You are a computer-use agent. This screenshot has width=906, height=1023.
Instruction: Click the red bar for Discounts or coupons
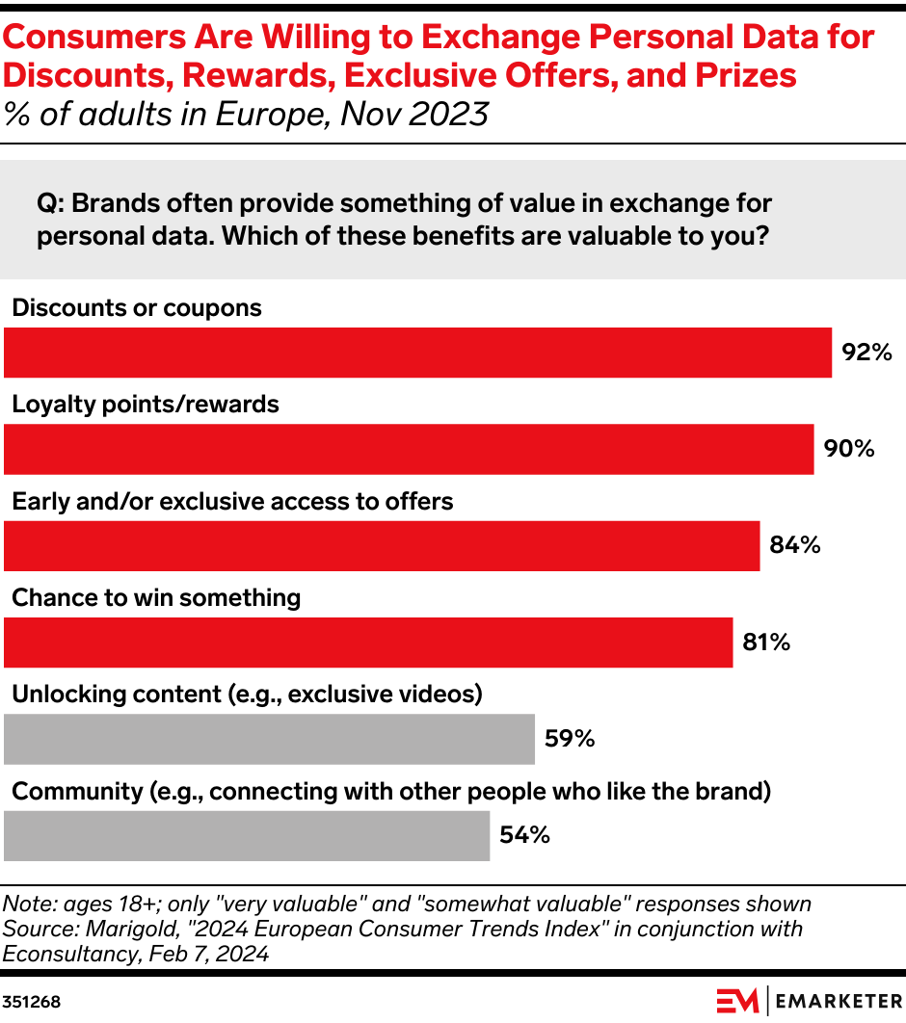pos(417,353)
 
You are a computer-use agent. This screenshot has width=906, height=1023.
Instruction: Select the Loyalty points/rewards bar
pos(409,449)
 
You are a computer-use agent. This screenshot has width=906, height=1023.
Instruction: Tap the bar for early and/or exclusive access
pos(382,546)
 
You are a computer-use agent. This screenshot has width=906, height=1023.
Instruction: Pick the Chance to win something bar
pos(368,643)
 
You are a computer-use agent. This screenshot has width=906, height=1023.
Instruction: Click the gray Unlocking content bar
pos(269,739)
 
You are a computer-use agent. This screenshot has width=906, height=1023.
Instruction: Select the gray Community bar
pos(247,835)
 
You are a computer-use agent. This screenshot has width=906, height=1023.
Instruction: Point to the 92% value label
pos(866,353)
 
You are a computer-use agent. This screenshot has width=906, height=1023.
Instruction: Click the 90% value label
pos(848,449)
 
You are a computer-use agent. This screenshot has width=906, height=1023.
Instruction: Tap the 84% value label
pos(794,546)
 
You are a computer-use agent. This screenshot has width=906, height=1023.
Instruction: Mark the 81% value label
pos(766,643)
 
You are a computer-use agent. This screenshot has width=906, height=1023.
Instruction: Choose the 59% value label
pos(569,739)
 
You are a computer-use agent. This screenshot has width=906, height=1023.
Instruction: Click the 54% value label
pos(524,835)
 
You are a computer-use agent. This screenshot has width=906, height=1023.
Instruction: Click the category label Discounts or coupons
pos(136,307)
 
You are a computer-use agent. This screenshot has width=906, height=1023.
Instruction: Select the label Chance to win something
pos(156,597)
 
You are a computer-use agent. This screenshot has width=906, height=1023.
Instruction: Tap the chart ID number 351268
pos(32,1002)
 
